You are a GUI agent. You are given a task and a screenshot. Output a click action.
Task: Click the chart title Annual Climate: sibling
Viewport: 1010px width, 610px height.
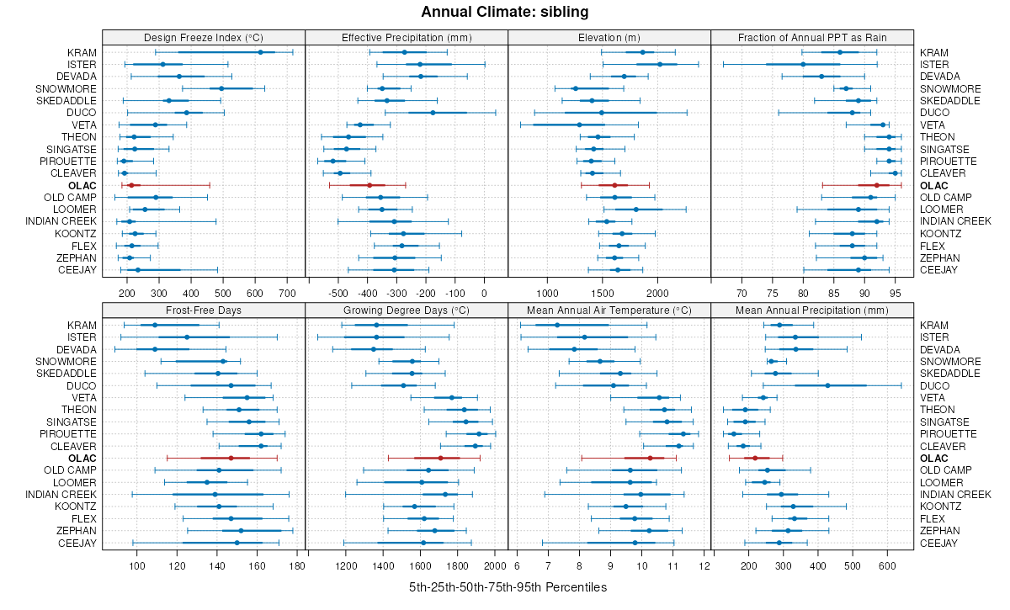pyautogui.click(x=505, y=12)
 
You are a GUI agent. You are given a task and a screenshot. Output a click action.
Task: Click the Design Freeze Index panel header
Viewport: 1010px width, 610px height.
pyautogui.click(x=204, y=37)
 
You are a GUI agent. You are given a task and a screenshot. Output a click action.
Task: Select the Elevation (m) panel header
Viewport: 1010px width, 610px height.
pyautogui.click(x=609, y=37)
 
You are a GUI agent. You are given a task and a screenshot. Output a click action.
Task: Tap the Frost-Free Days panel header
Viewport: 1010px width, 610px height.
pyautogui.click(x=204, y=310)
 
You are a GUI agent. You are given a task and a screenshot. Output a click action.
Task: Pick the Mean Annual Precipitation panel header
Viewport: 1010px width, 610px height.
pyautogui.click(x=812, y=310)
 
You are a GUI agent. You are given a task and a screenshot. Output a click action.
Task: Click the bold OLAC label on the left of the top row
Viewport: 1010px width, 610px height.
pyautogui.click(x=83, y=185)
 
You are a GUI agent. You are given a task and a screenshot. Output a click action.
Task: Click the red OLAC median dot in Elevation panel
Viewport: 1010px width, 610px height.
pyautogui.click(x=614, y=185)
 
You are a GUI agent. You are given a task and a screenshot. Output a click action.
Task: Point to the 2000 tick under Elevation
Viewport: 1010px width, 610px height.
pyautogui.click(x=657, y=294)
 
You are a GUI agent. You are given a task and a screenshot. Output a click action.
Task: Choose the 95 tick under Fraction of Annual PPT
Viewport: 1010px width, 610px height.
pyautogui.click(x=896, y=294)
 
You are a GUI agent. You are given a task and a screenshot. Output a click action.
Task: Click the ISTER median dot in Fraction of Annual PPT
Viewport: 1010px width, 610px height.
pyautogui.click(x=803, y=64)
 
